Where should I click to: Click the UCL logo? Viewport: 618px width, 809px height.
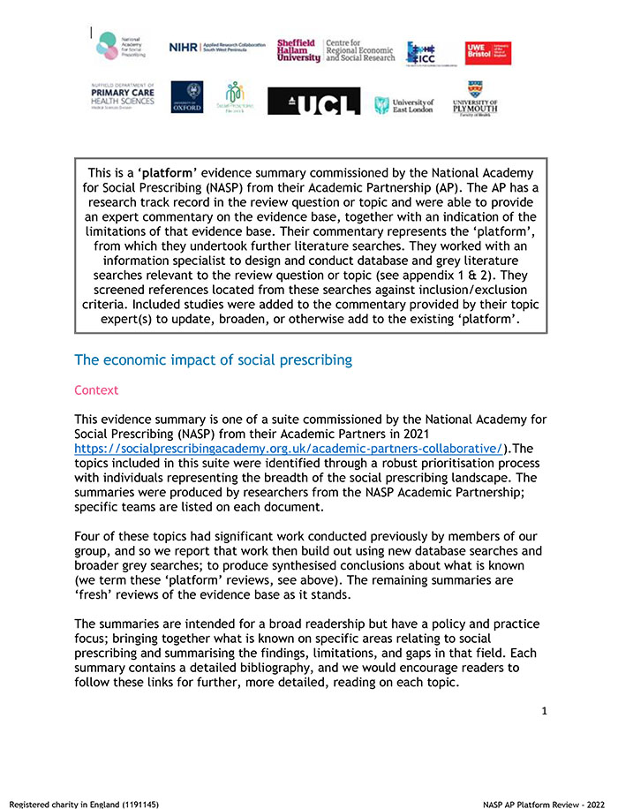(x=313, y=102)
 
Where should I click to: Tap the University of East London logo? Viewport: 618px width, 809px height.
(x=403, y=105)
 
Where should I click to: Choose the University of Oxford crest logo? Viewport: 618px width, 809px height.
(x=186, y=97)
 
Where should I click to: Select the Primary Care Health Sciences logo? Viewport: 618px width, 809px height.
(x=121, y=96)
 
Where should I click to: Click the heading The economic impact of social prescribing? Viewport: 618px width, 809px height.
(x=213, y=359)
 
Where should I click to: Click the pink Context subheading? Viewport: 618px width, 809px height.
(x=96, y=389)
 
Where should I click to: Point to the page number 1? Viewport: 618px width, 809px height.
(x=545, y=709)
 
